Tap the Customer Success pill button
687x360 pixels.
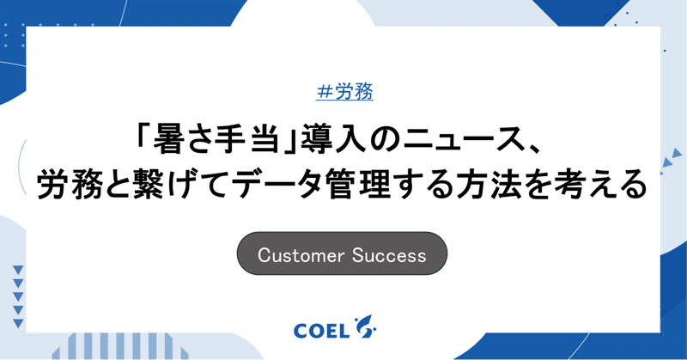click(x=342, y=255)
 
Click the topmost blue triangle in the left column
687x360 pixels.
click(x=18, y=270)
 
